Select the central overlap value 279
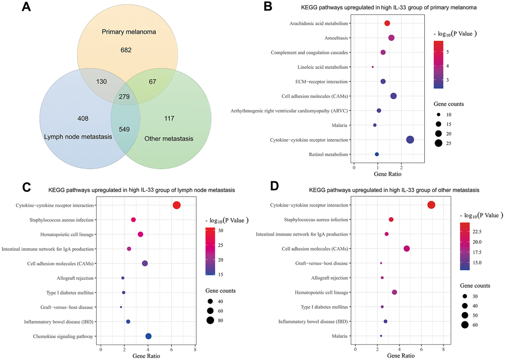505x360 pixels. pyautogui.click(x=124, y=97)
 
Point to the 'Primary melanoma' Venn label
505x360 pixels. pyautogui.click(x=129, y=32)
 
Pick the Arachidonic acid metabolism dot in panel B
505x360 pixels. pyautogui.click(x=387, y=23)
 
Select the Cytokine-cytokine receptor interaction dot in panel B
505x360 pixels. pyautogui.click(x=410, y=140)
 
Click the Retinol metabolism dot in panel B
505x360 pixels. pyautogui.click(x=377, y=154)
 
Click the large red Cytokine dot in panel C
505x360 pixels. pyautogui.click(x=176, y=205)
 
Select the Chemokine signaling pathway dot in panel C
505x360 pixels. pyautogui.click(x=149, y=336)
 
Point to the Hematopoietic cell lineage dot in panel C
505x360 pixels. pyautogui.click(x=140, y=234)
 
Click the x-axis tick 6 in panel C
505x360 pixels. pyautogui.click(x=171, y=350)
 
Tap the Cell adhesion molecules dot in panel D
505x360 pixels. pyautogui.click(x=407, y=249)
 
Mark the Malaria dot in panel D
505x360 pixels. pyautogui.click(x=381, y=336)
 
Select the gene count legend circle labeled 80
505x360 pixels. pyautogui.click(x=210, y=320)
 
